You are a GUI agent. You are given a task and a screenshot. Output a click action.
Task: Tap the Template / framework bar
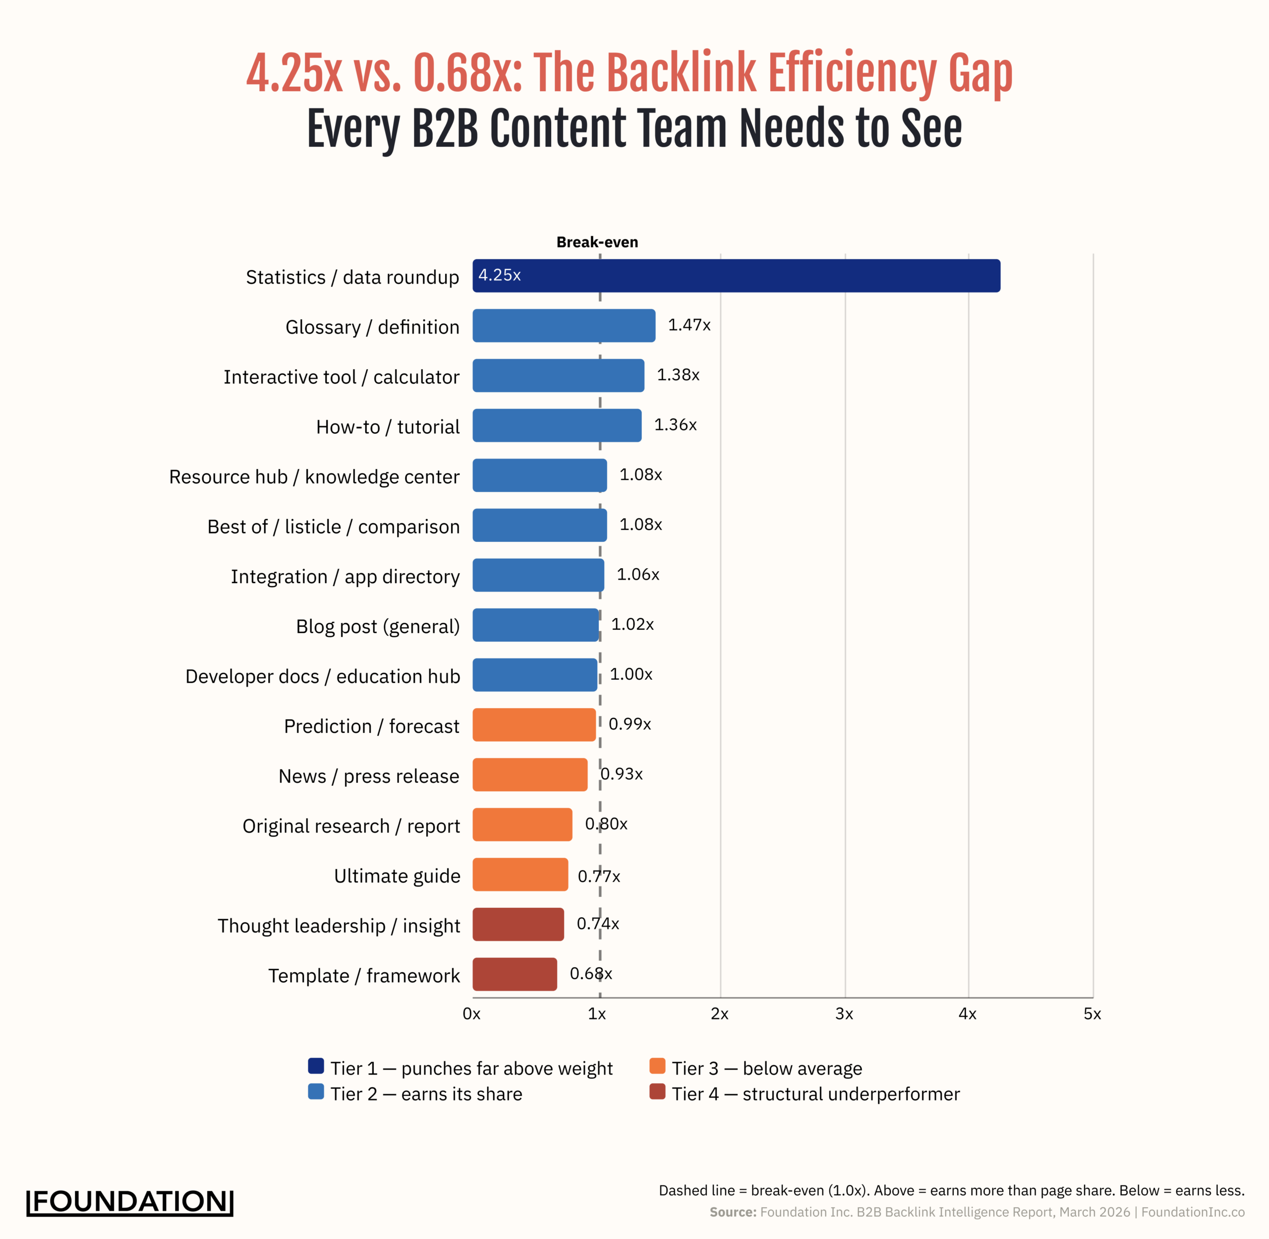[514, 974]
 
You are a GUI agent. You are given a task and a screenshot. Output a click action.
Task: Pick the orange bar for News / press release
[530, 774]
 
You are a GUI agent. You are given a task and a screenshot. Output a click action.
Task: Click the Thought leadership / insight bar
[518, 924]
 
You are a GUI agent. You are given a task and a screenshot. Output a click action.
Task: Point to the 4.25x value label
[499, 275]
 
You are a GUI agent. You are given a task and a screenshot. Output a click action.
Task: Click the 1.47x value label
[689, 325]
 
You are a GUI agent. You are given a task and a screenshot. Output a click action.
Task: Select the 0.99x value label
[629, 724]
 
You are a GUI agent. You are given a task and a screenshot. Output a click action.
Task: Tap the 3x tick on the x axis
[844, 1014]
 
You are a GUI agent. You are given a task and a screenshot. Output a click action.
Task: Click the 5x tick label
[1092, 1014]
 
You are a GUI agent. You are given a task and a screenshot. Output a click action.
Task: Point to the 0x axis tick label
[471, 1014]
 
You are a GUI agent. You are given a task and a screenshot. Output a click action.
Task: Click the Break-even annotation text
[597, 242]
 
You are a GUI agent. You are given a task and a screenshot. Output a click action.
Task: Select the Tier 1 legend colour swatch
[316, 1066]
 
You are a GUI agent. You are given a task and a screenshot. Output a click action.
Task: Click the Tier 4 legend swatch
[657, 1091]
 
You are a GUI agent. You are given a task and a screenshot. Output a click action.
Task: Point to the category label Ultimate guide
[397, 876]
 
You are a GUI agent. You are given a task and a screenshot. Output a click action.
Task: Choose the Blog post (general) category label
[377, 626]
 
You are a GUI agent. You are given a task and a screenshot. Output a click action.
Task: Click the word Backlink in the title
[682, 73]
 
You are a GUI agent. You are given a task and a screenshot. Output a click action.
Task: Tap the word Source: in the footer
[733, 1212]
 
